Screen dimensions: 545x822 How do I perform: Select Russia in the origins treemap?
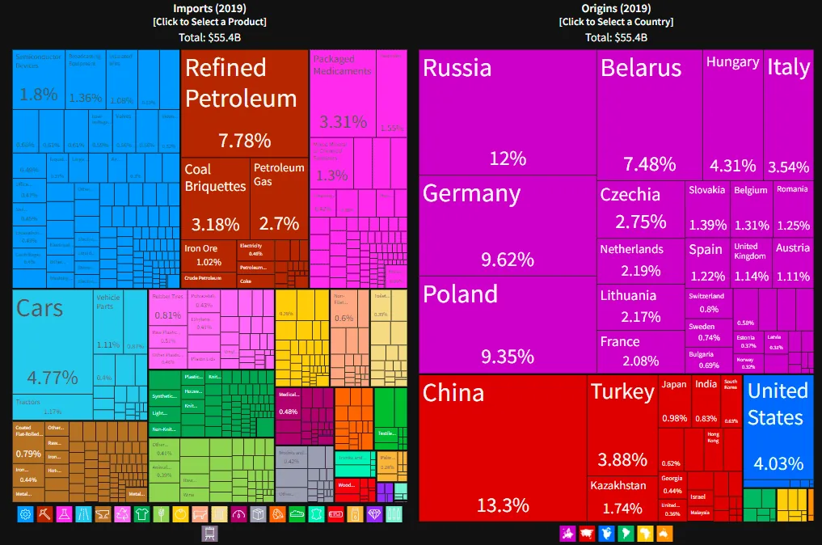[508, 113]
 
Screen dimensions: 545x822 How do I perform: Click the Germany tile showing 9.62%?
[508, 226]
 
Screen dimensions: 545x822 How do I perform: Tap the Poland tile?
[508, 323]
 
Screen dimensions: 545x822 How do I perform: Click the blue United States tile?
[778, 429]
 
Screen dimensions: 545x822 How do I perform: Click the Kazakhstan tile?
[622, 497]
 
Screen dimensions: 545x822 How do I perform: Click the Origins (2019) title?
[615, 8]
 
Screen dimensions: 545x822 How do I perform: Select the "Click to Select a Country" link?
[615, 22]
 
